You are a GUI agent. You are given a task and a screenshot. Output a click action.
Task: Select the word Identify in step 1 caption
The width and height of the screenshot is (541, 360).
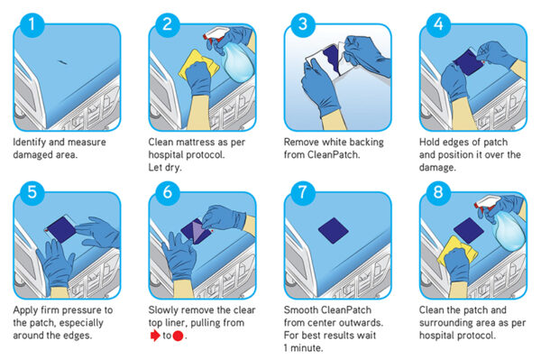click(32, 142)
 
